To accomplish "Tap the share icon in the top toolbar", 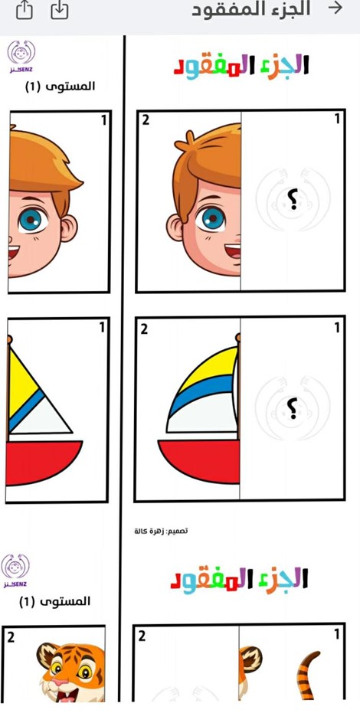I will pos(24,10).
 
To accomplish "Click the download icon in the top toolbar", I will pos(60,10).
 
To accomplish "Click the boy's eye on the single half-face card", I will pos(31,219).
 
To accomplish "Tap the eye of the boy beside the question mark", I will pos(210,219).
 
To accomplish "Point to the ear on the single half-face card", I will pos(68,227).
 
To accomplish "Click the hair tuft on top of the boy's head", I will pos(185,142).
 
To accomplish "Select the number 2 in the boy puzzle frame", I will pos(145,119).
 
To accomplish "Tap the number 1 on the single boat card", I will pos(102,328).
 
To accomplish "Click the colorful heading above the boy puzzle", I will pos(241,66).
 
